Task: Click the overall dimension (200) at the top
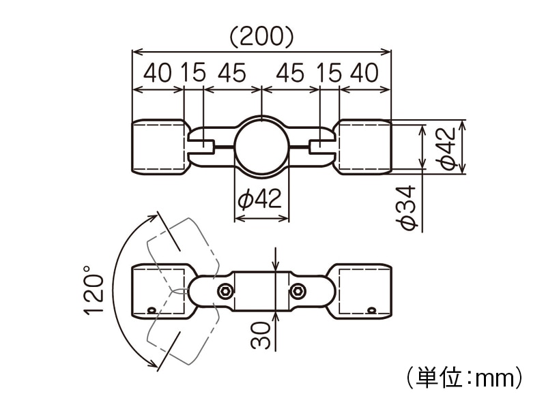point(261,37)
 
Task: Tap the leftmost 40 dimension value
point(158,73)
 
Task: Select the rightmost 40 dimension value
point(364,73)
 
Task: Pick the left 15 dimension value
point(194,73)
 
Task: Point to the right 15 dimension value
point(329,73)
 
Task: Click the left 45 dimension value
point(232,73)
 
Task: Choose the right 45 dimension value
point(290,73)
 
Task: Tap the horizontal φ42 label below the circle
point(260,200)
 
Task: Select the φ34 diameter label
point(407,208)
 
